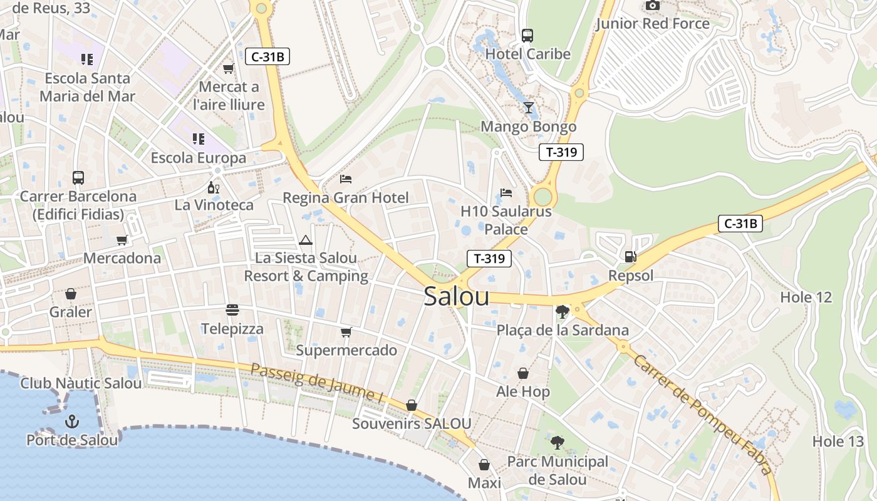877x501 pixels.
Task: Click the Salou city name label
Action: [456, 296]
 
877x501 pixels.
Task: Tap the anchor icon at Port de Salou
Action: [71, 421]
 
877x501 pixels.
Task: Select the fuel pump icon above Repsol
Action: [630, 256]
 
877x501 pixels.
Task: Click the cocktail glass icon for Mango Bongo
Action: [529, 108]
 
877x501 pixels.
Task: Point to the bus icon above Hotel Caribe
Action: [527, 35]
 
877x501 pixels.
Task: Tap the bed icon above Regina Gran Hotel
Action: [345, 179]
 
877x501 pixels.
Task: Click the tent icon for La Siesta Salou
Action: [305, 240]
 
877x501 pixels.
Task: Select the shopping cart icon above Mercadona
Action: [122, 240]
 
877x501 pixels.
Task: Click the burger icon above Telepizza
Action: [232, 310]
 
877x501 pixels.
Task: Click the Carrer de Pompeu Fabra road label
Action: [702, 413]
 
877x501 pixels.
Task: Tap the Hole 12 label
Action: [806, 297]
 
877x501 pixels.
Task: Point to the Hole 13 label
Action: [838, 442]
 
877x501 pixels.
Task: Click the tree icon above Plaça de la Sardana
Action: [562, 311]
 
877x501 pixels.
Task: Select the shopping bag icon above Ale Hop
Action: [523, 373]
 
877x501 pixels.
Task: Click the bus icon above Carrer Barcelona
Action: [78, 178]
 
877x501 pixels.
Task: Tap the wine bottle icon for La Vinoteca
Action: [214, 187]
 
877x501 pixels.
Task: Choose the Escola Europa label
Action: [199, 158]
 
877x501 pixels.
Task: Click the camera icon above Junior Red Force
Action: [652, 6]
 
